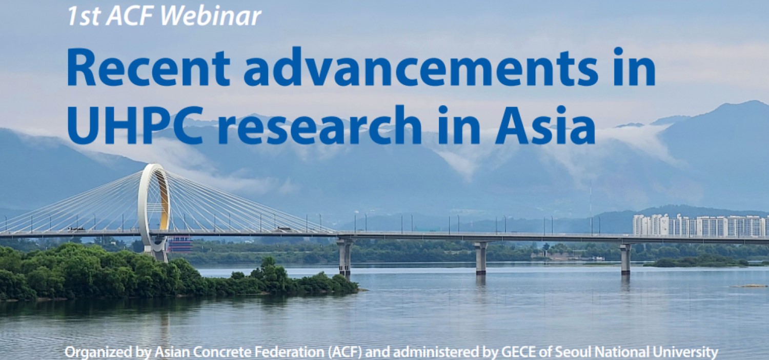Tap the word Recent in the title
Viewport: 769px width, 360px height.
148,68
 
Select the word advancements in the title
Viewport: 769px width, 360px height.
420,67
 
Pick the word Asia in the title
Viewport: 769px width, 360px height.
545,125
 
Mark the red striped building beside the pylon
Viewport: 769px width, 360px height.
180,244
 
